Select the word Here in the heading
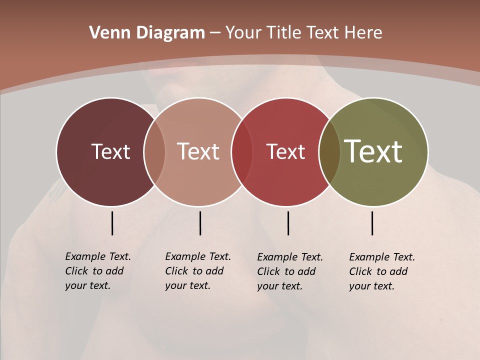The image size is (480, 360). click(364, 33)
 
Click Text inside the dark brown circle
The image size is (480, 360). click(110, 151)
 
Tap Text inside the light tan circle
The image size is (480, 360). click(198, 151)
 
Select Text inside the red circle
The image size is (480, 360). click(285, 151)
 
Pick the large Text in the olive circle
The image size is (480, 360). click(373, 151)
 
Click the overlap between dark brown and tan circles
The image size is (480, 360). click(154, 152)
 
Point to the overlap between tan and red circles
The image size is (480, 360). click(242, 152)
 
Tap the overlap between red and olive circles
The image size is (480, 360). click(329, 152)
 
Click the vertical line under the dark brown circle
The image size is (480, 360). click(112, 223)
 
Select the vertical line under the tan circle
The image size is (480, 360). click(200, 223)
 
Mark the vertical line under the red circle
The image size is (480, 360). click(288, 223)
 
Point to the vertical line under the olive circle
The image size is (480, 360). click(372, 223)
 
